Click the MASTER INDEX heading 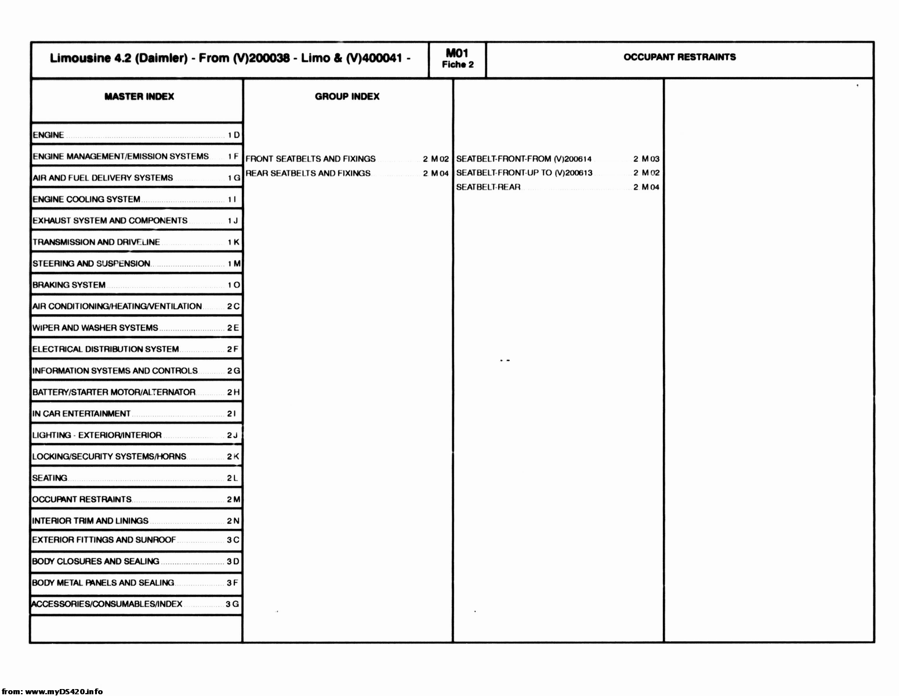tap(139, 96)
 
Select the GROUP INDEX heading tap(347, 96)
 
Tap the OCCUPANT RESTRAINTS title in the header tap(679, 57)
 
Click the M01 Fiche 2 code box tap(458, 59)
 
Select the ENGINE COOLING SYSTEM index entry tap(86, 199)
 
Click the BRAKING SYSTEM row tap(69, 285)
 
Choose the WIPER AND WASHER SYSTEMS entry tap(95, 328)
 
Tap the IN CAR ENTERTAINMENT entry tap(82, 414)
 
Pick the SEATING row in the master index tap(50, 478)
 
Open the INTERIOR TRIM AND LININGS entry tap(90, 521)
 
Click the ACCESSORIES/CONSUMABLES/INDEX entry tap(107, 604)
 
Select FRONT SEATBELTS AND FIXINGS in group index tap(310, 158)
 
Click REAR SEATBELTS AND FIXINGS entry tap(308, 173)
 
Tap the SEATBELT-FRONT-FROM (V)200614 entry tap(524, 158)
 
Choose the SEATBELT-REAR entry tap(488, 187)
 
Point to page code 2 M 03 tap(646, 158)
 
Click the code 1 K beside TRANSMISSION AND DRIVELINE tap(233, 242)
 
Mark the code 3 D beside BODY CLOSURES tap(233, 561)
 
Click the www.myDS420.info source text tap(64, 691)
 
